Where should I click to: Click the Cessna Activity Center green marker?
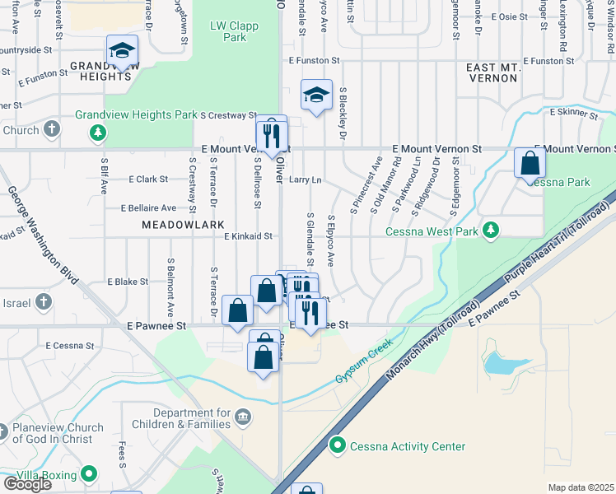[x=337, y=446]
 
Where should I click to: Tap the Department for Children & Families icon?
[x=243, y=417]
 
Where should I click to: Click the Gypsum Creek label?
[x=363, y=364]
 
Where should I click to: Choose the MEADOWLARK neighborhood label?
[x=177, y=224]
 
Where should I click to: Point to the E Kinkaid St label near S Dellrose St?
[x=248, y=236]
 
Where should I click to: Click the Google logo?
[x=26, y=483]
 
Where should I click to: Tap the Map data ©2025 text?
[x=581, y=487]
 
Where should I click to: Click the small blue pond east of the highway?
[x=500, y=362]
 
